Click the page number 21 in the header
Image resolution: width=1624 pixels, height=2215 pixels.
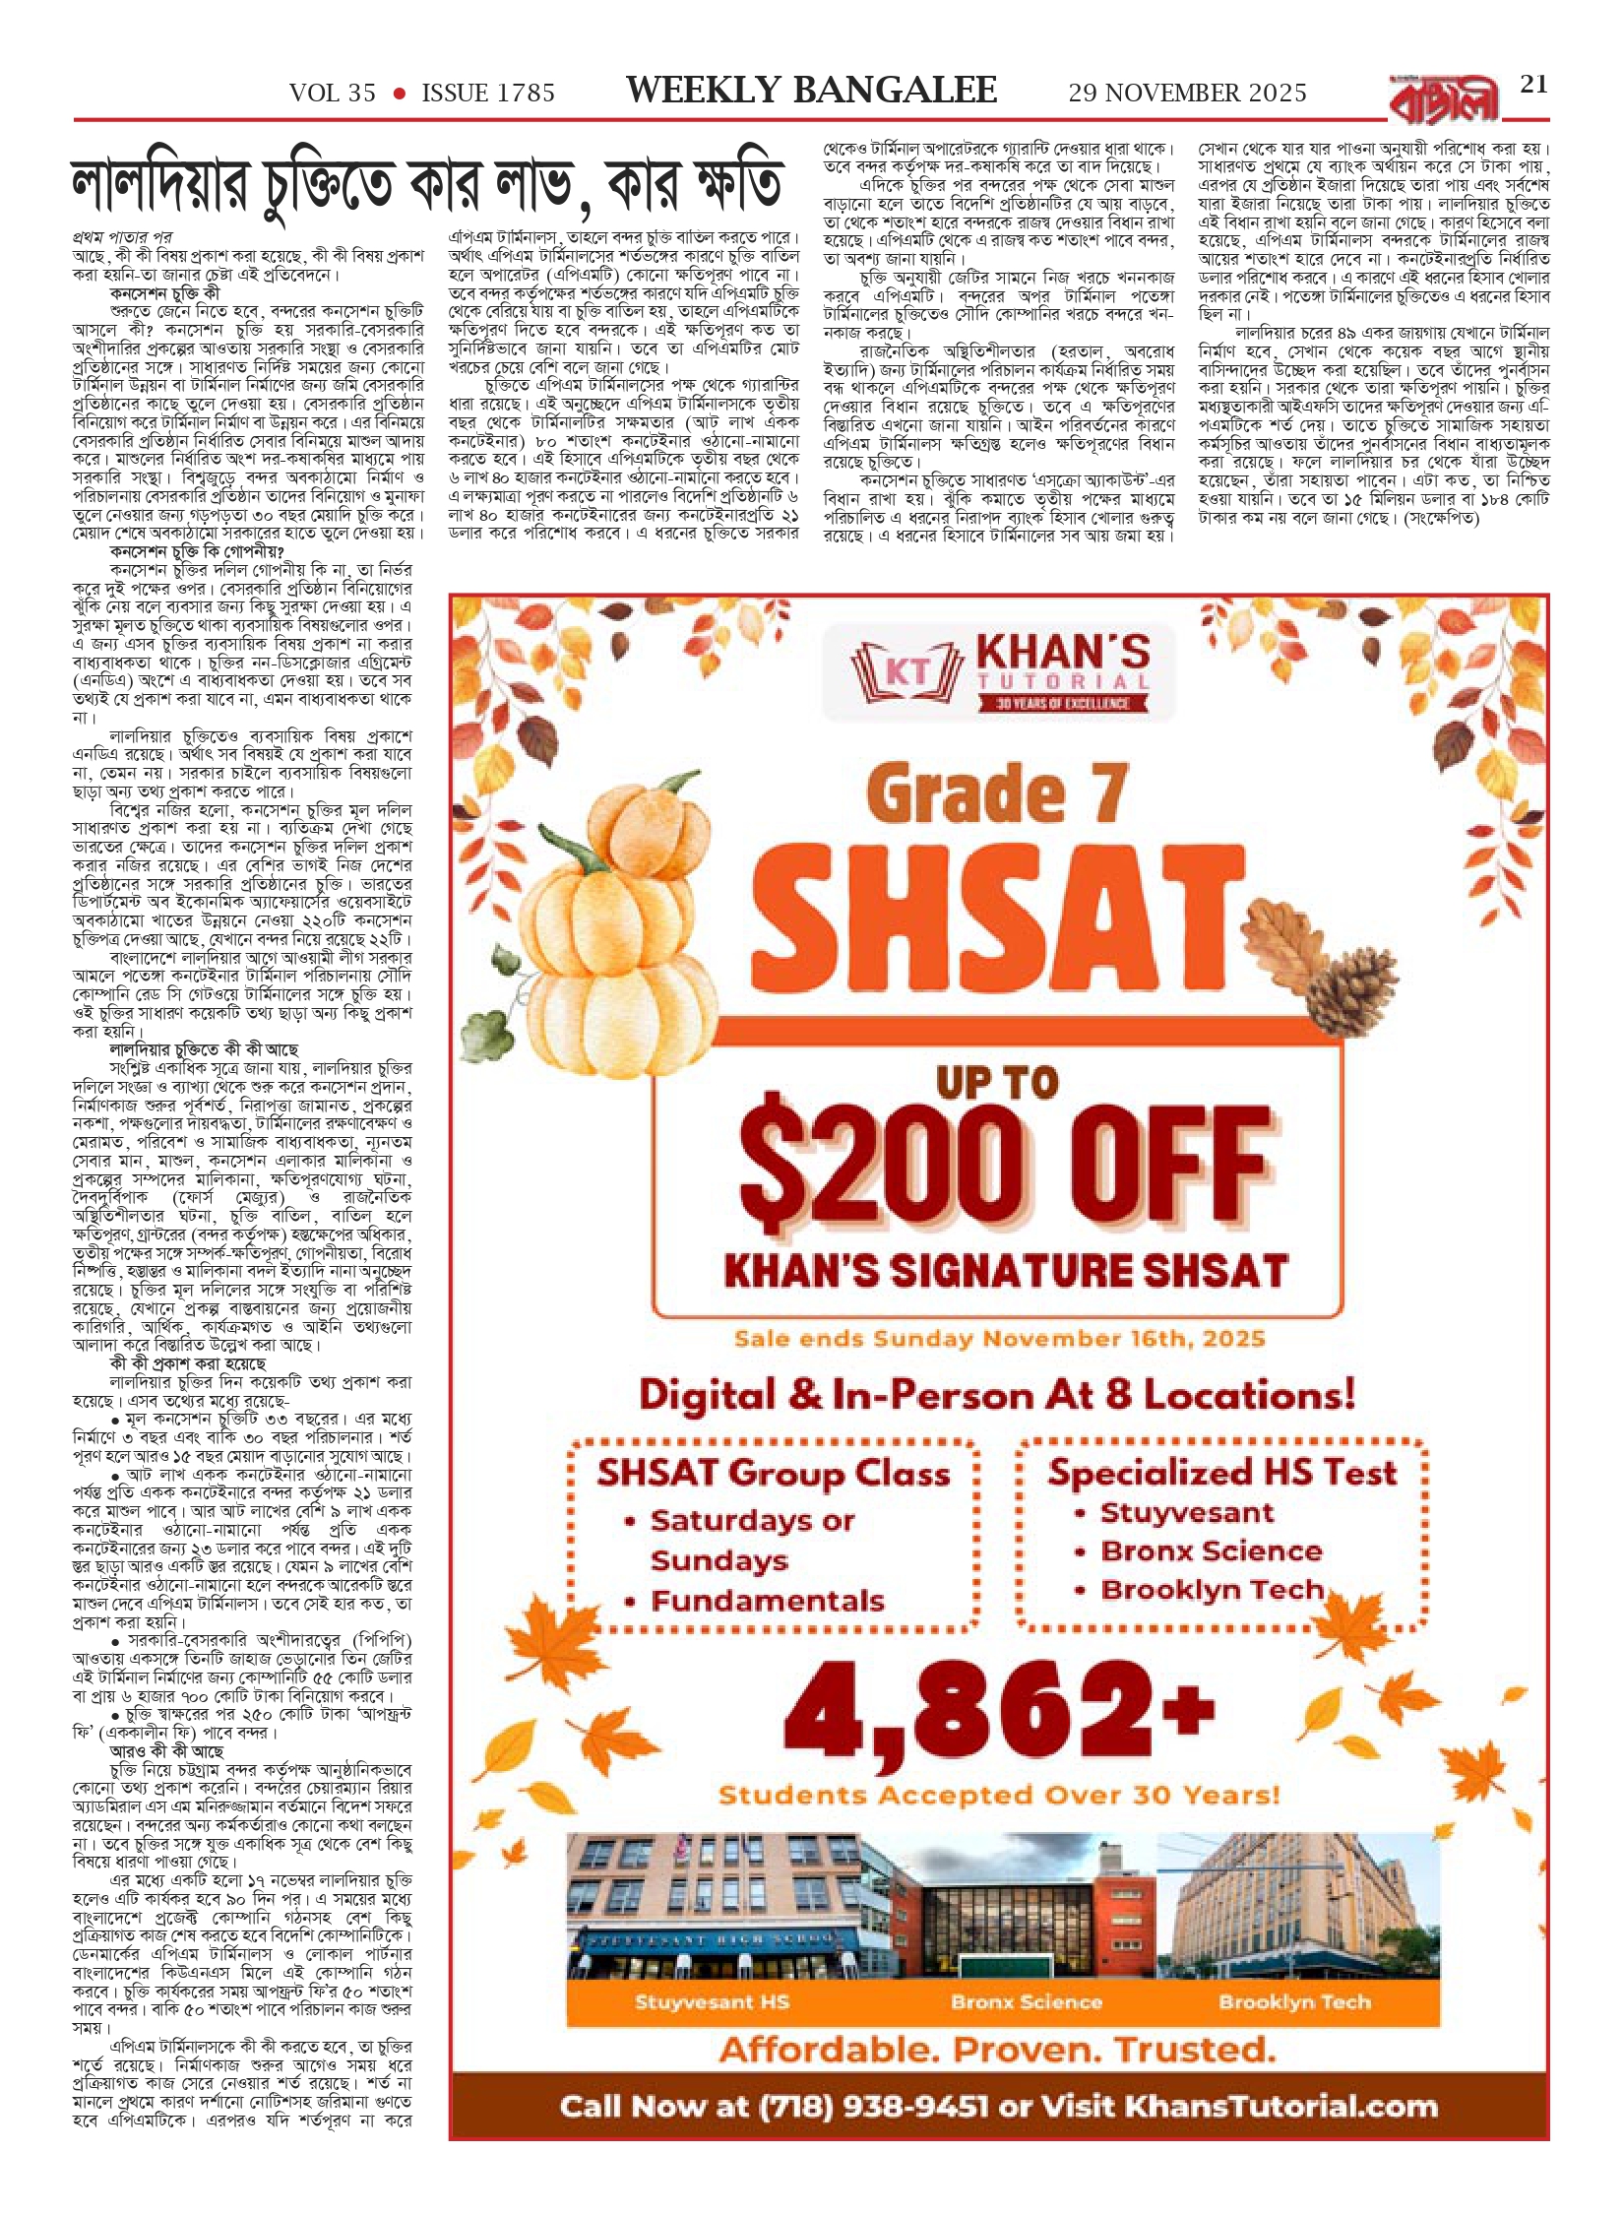[x=1533, y=85]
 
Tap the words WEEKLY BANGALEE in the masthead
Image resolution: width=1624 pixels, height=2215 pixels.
[x=811, y=92]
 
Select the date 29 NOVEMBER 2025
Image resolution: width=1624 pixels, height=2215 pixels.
[x=1187, y=94]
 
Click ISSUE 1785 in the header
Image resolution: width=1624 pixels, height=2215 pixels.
[x=488, y=94]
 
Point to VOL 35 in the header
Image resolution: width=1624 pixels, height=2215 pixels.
[x=333, y=94]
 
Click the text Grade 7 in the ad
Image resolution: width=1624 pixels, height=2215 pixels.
[x=997, y=794]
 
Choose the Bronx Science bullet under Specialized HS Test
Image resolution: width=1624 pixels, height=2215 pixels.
[x=1211, y=1551]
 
